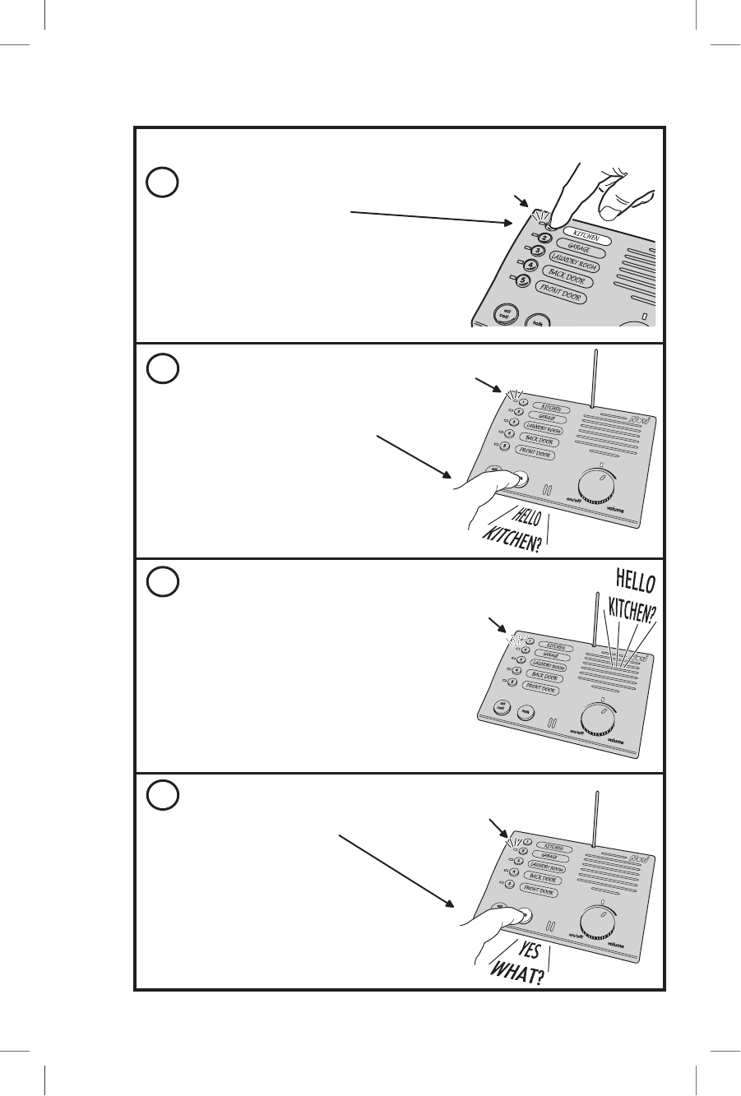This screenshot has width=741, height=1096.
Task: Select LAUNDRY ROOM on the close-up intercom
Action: point(573,263)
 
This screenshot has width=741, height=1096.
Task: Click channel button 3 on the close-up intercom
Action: point(538,252)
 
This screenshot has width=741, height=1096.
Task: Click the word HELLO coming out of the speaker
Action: point(632,581)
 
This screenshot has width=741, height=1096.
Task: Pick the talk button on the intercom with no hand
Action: point(536,712)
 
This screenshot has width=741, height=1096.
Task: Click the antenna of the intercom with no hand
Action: point(593,625)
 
